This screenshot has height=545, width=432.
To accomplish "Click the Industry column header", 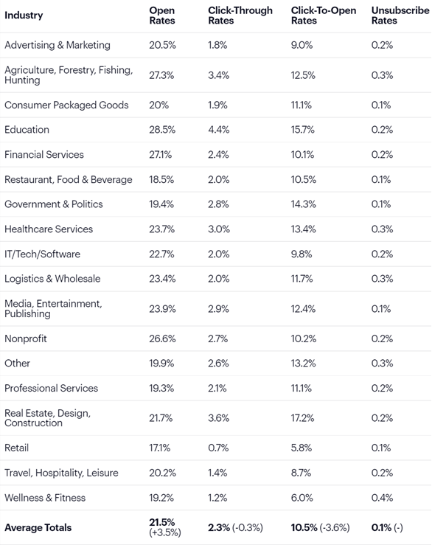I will tap(24, 15).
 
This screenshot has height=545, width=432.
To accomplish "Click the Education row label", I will tap(27, 130).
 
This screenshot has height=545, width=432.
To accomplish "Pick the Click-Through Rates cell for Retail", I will tap(217, 448).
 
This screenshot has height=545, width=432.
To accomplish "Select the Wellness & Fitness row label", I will tap(45, 498).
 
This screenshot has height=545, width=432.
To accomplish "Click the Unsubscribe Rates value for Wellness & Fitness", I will tap(382, 498).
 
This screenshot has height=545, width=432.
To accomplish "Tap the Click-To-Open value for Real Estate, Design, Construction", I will tap(304, 418).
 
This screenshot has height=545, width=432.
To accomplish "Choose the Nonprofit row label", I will tap(27, 339).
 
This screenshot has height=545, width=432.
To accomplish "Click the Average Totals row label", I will tap(38, 527).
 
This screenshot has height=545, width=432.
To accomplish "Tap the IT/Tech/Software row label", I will tap(42, 254).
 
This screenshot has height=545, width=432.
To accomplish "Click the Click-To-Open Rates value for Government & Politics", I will tap(304, 204).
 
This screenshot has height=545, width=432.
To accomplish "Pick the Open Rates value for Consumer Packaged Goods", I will tap(158, 105).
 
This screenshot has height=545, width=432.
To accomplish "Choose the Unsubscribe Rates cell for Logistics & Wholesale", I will tap(382, 279).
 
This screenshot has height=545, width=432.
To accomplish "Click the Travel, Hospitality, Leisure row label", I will tap(61, 473).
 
